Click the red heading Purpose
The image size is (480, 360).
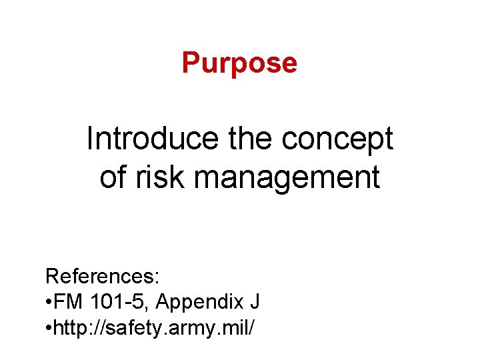coord(239,63)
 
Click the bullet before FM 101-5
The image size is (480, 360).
coord(49,302)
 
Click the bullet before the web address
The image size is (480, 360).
coord(49,329)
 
